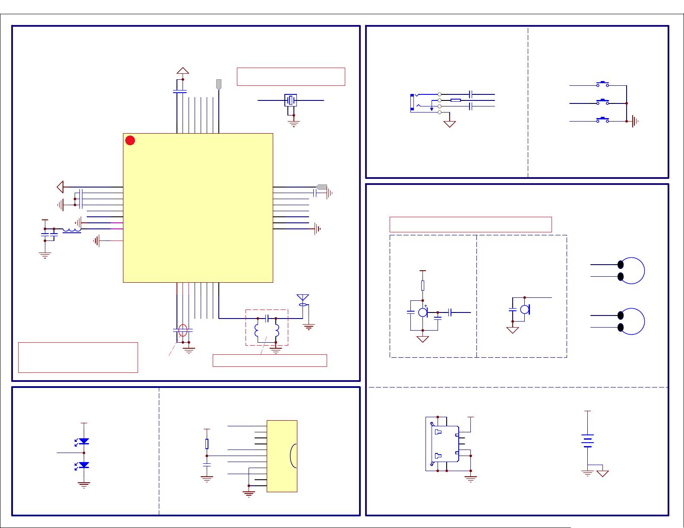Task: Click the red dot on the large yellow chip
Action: point(130,141)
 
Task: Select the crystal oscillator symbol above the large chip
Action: point(291,100)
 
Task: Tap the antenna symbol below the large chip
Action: point(303,298)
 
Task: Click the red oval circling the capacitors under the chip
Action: point(183,331)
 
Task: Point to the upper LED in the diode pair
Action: point(84,441)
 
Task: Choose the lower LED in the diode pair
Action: point(84,465)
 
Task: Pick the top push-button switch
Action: point(602,84)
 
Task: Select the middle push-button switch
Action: point(602,103)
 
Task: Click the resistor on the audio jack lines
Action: point(455,100)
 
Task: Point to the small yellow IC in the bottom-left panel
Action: point(282,456)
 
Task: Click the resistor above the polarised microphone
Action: point(422,285)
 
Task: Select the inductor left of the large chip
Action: point(72,231)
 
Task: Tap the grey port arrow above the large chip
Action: point(219,84)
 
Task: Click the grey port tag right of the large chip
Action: point(322,187)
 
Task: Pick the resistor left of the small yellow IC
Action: point(207,444)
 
